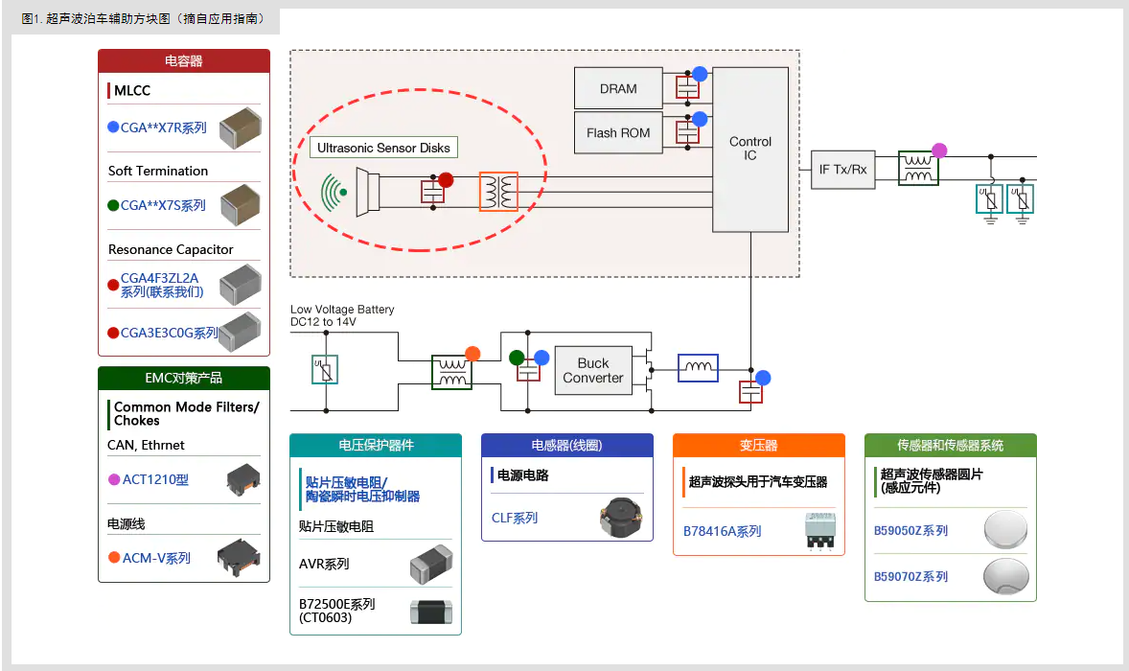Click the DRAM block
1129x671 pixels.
[x=618, y=88]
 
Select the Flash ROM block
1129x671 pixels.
[x=618, y=133]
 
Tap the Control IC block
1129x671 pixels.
[x=750, y=149]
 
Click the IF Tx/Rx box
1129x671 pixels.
[x=842, y=170]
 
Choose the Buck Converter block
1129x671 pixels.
[x=592, y=371]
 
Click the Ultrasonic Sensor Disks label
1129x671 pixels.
[x=383, y=148]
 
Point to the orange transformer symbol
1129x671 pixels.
[x=498, y=192]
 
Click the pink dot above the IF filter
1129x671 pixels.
[x=939, y=150]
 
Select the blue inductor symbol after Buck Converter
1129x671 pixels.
[x=698, y=368]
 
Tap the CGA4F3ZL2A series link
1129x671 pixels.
[x=160, y=285]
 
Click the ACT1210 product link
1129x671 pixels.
[x=155, y=479]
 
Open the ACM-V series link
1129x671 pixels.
[x=156, y=558]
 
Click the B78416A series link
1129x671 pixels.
[x=722, y=531]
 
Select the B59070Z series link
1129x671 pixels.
[x=910, y=576]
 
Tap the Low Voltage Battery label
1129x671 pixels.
[x=342, y=310]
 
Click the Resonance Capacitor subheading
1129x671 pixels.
[x=171, y=249]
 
